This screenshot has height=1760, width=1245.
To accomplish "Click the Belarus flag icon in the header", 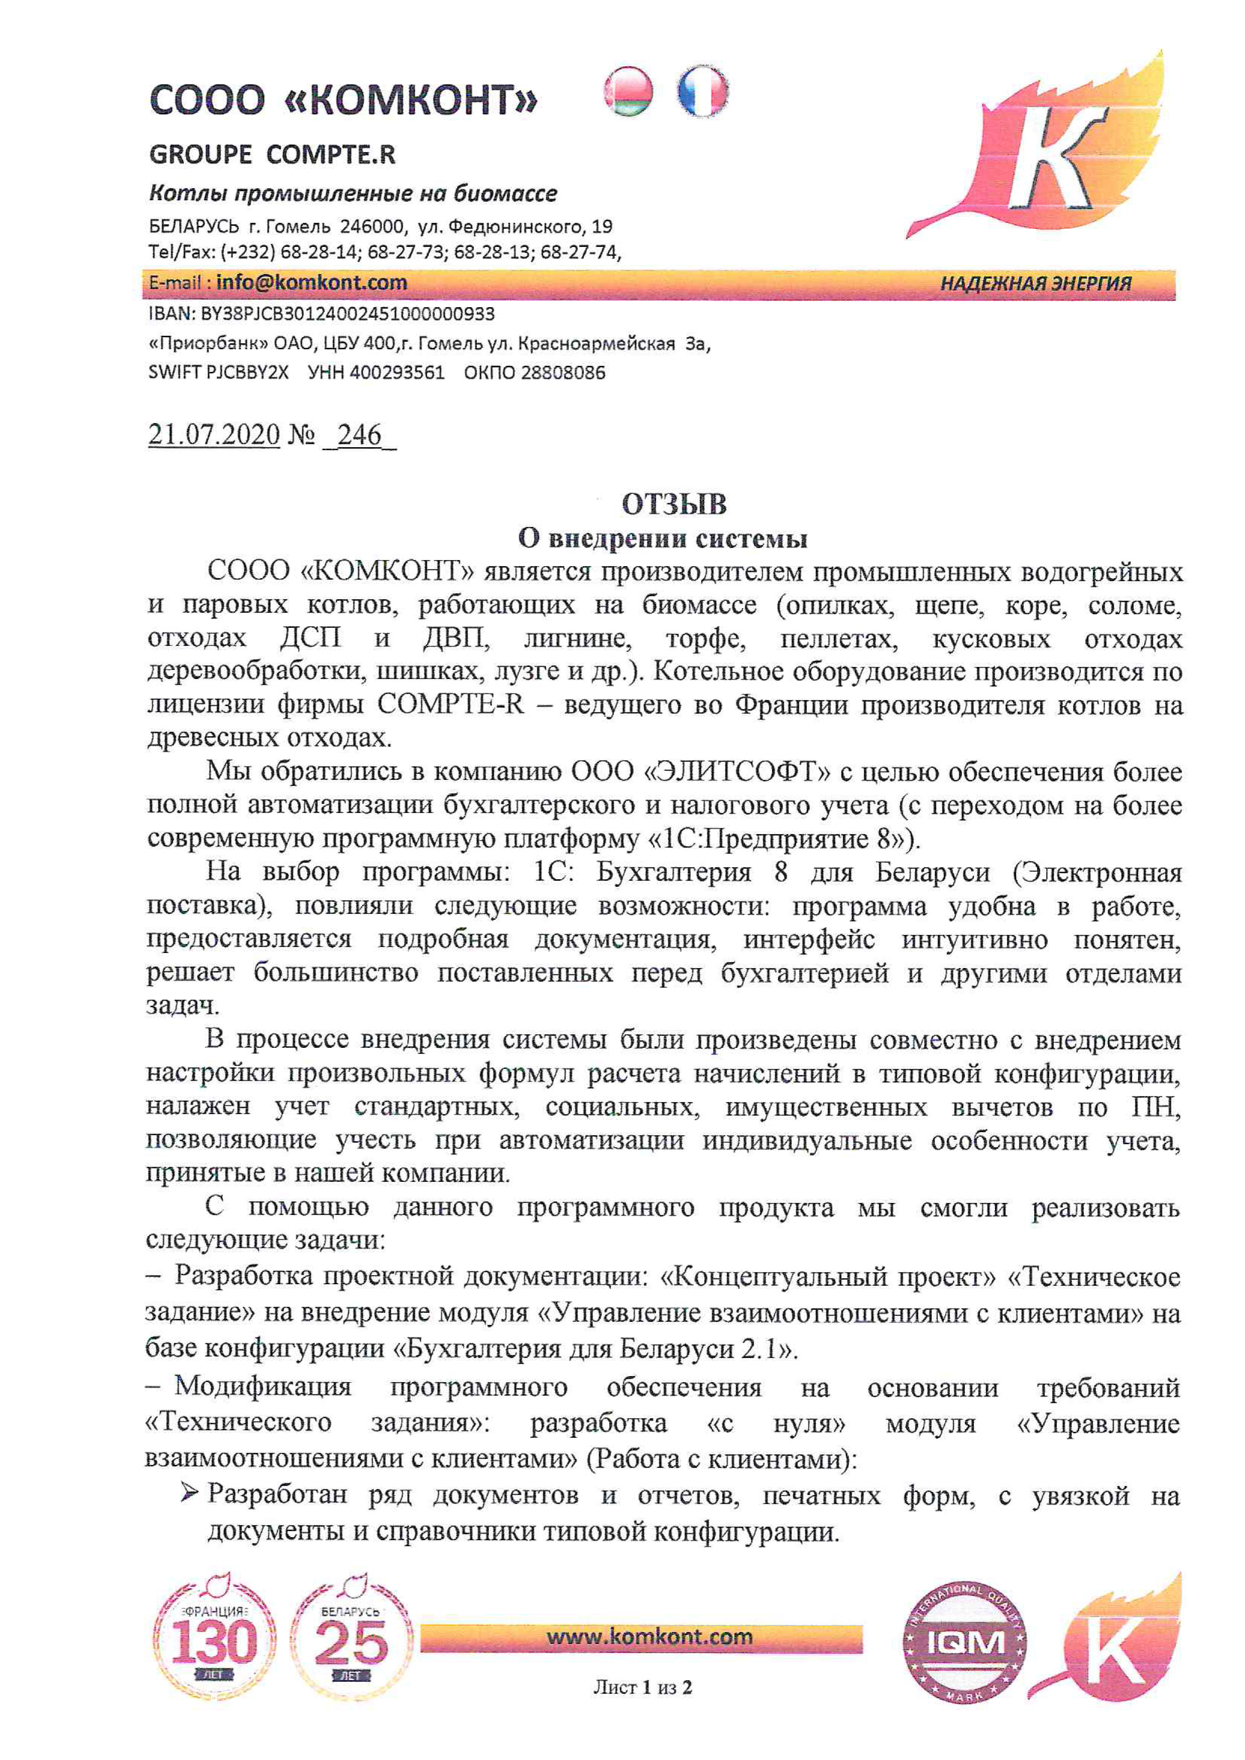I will click(x=628, y=92).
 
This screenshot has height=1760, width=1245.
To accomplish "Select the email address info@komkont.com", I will click(x=311, y=283).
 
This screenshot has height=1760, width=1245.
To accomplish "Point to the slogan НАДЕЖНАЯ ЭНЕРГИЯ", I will click(x=1035, y=284).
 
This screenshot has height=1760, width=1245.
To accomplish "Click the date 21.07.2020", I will click(x=214, y=435).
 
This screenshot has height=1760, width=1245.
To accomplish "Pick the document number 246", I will click(x=359, y=435).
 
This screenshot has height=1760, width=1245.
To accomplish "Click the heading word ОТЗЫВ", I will click(x=674, y=504).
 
